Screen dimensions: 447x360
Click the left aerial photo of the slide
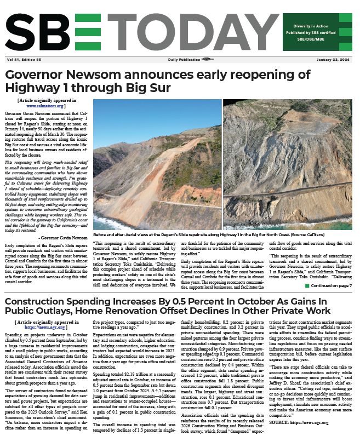(157, 172)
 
